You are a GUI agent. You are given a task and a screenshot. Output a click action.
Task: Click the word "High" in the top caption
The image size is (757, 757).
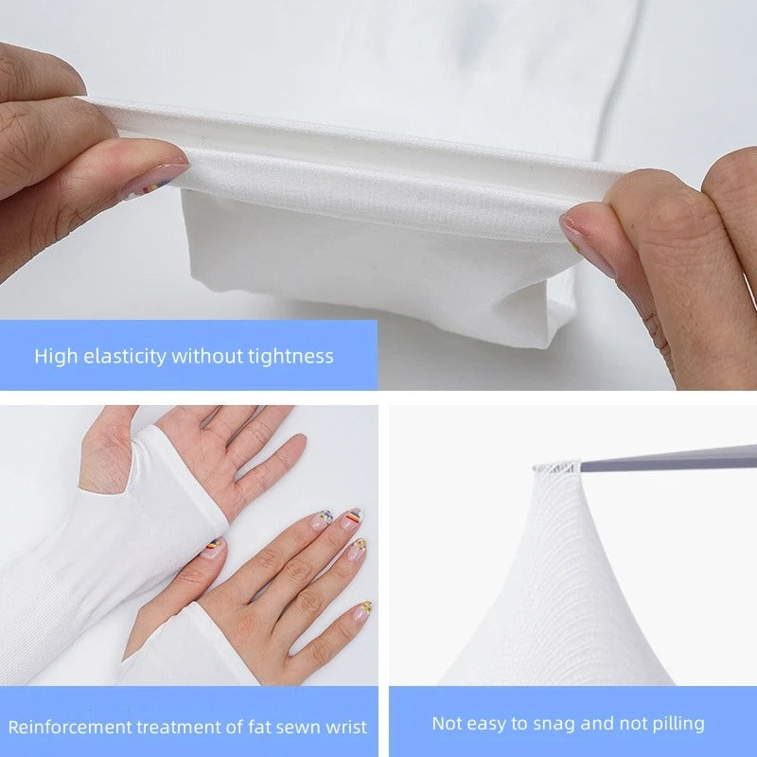55,357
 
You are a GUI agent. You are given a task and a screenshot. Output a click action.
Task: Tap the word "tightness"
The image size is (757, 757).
288,357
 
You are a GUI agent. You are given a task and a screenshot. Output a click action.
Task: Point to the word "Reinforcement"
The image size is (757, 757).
67,727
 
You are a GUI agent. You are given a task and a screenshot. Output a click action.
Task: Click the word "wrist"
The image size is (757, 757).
343,727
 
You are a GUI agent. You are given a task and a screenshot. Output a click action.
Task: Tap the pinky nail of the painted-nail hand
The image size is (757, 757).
363,608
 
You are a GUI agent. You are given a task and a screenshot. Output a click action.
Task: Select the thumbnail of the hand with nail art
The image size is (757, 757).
214,546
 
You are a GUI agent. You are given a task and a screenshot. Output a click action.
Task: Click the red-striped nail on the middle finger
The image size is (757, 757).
349,519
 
